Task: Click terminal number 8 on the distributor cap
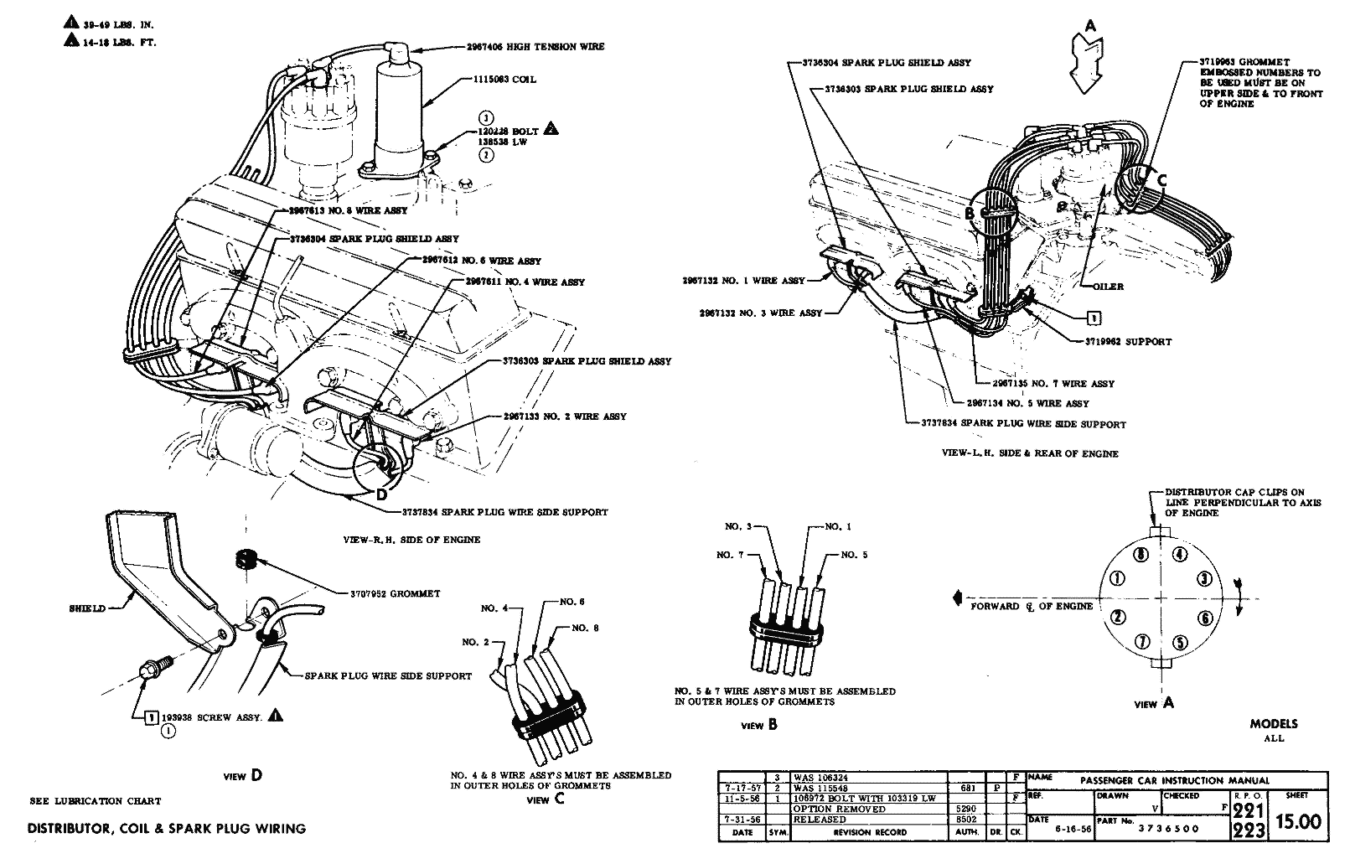click(1140, 555)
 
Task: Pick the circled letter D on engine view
click(382, 494)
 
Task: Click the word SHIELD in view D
click(87, 608)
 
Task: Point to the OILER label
click(1108, 287)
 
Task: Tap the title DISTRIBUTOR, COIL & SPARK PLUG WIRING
click(167, 829)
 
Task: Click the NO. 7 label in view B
click(729, 556)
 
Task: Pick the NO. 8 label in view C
click(586, 628)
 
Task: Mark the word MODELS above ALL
click(1273, 724)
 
